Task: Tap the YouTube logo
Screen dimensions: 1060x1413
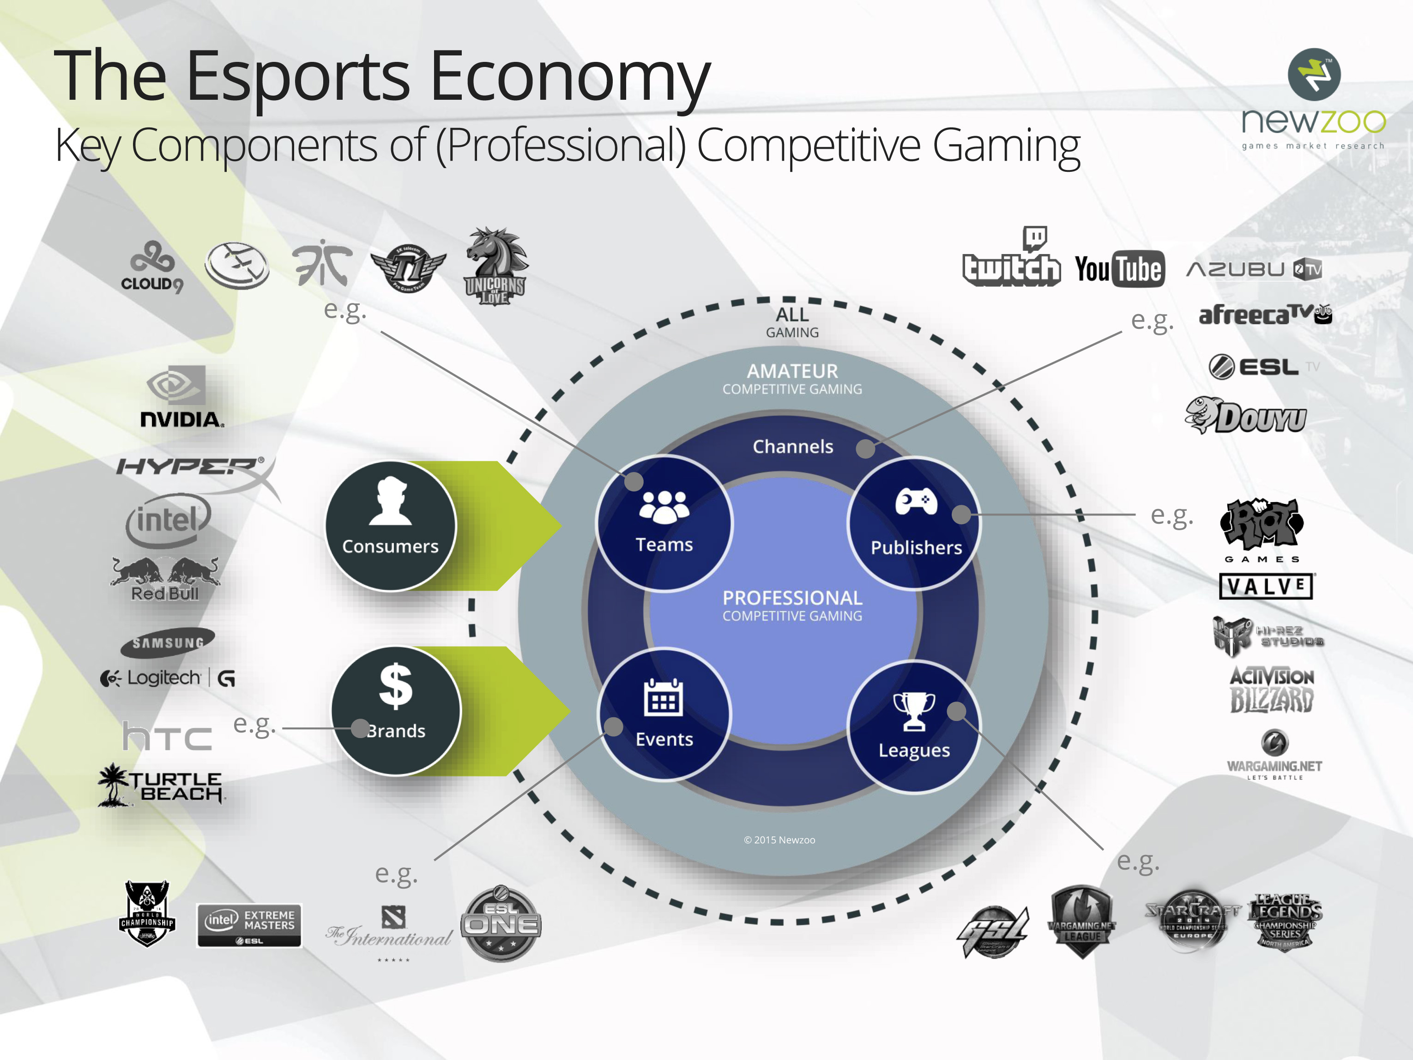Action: click(x=1119, y=269)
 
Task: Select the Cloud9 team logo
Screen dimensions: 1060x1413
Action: click(x=152, y=267)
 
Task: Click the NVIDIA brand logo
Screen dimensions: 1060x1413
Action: click(x=181, y=397)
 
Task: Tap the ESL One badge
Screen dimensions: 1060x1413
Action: click(x=501, y=923)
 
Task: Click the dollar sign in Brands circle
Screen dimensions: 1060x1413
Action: click(x=395, y=686)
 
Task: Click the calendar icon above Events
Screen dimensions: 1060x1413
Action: click(x=663, y=698)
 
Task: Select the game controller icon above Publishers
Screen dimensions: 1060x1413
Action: click(x=916, y=502)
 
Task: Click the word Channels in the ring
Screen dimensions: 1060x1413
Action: click(x=793, y=447)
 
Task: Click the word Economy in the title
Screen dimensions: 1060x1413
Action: click(x=570, y=77)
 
